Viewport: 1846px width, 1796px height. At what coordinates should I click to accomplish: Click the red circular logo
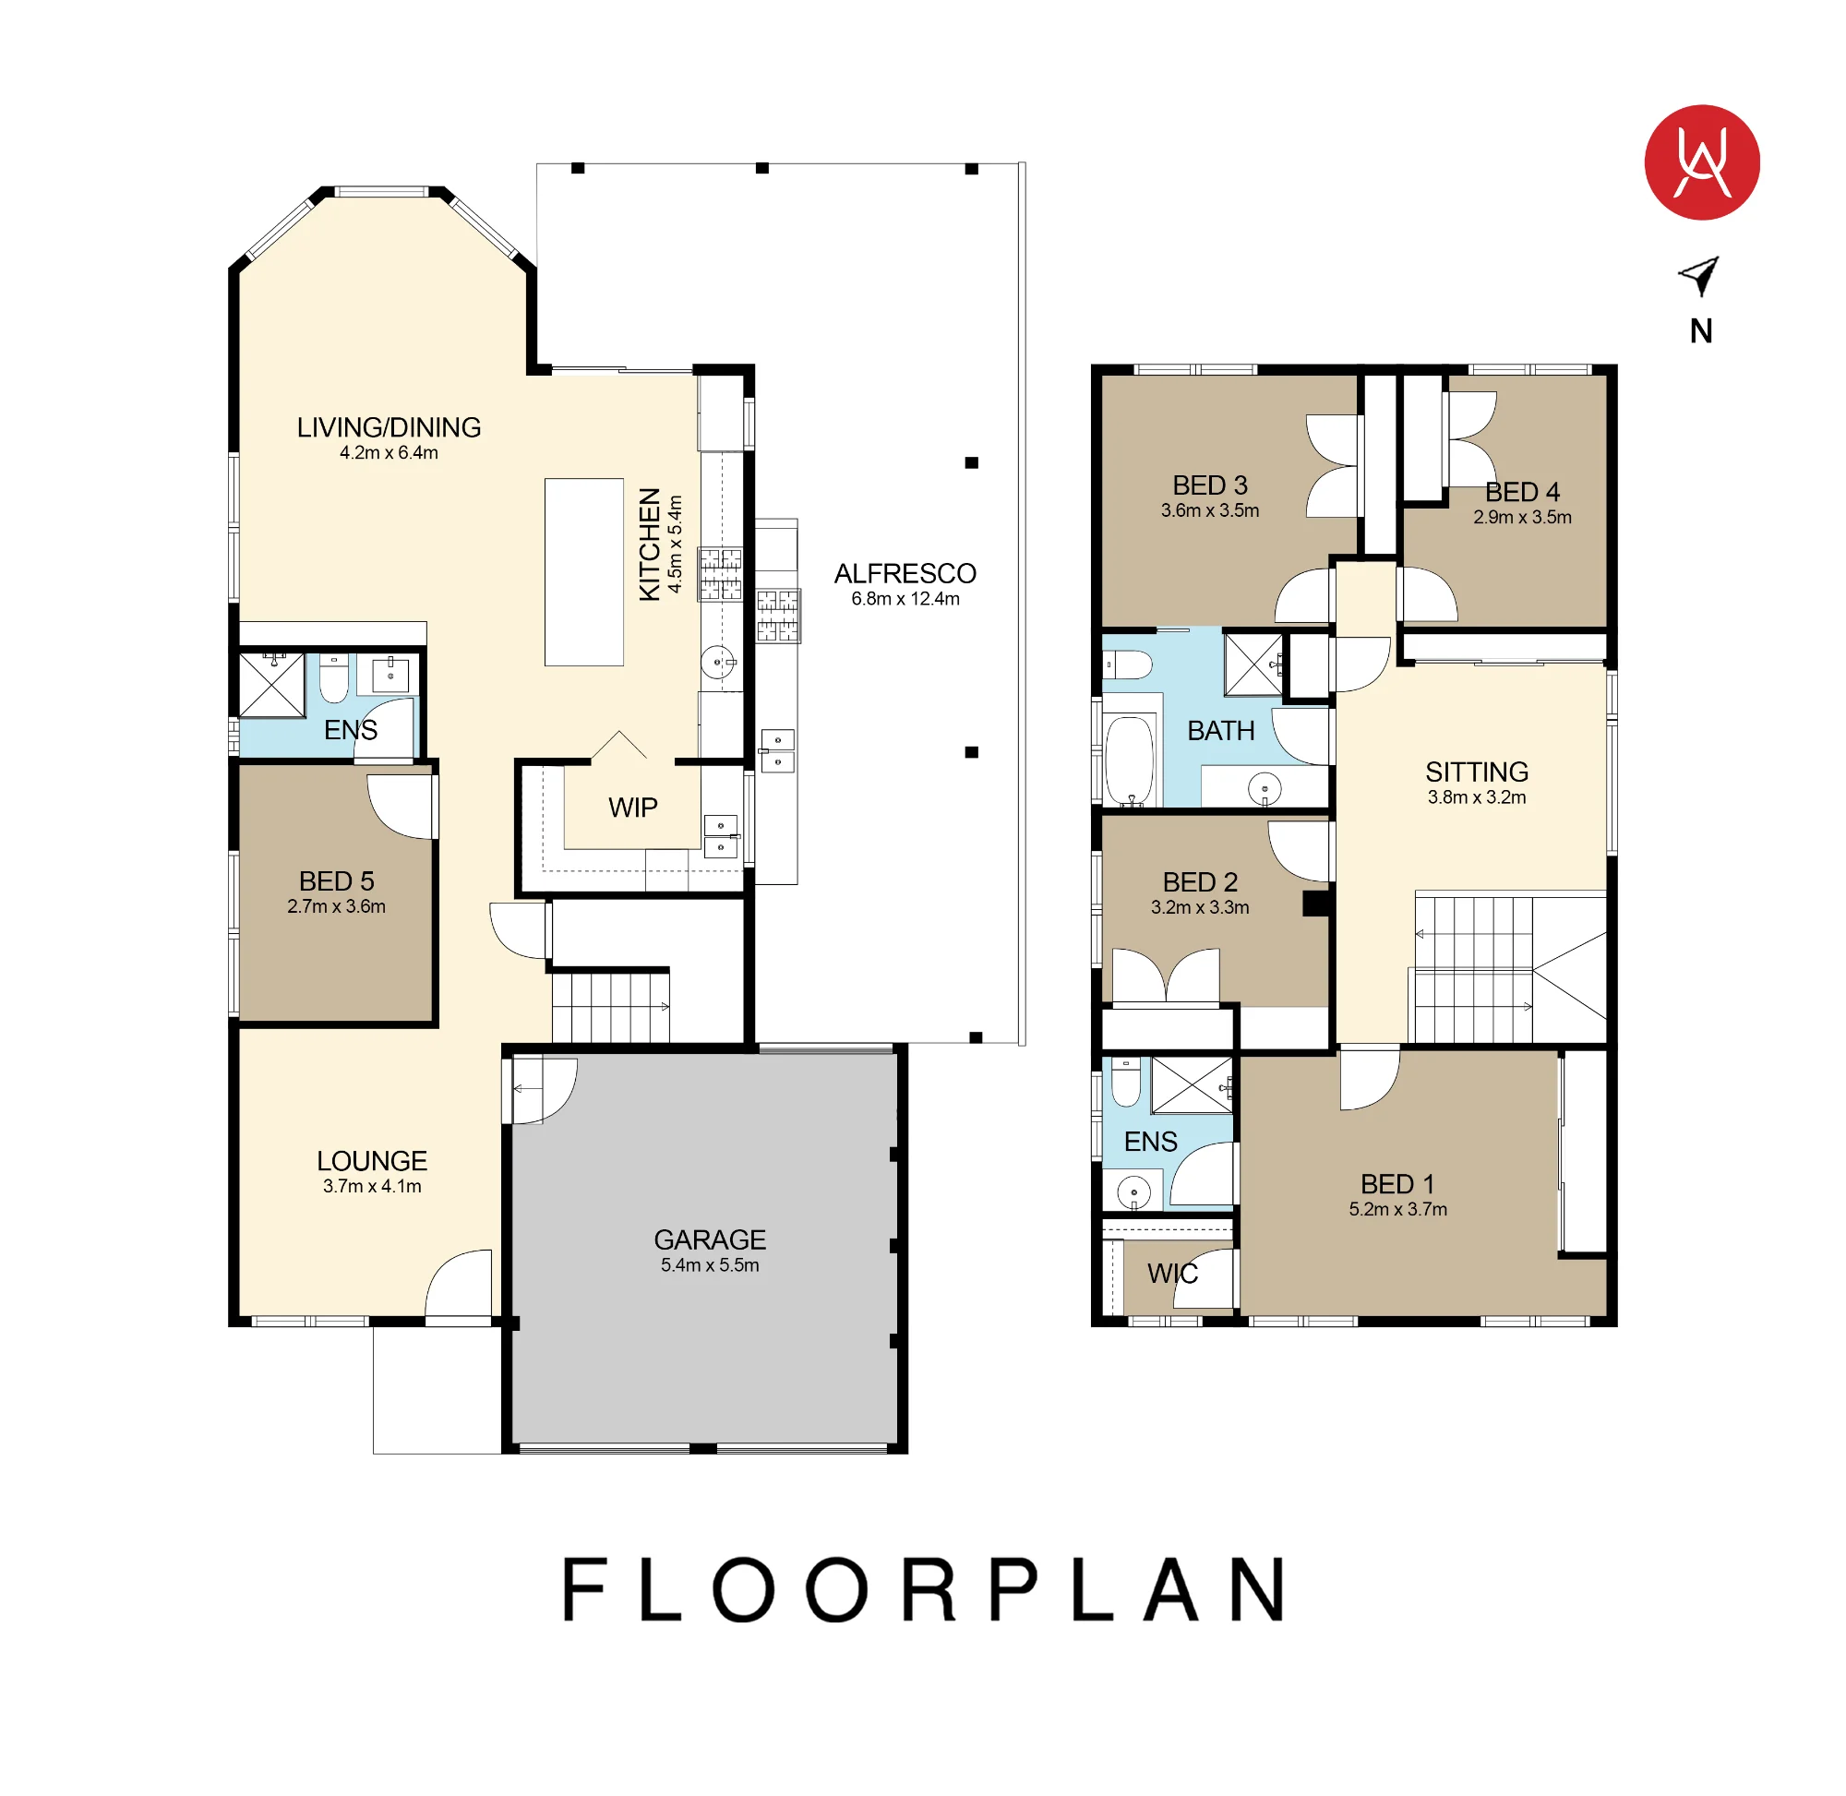[1701, 162]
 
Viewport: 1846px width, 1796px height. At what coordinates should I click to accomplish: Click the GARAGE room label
[710, 1239]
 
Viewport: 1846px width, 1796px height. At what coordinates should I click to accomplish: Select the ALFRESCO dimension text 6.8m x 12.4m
[905, 599]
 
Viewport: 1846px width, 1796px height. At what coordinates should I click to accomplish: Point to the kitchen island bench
[583, 571]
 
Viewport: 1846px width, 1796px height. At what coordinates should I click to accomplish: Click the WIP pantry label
[632, 808]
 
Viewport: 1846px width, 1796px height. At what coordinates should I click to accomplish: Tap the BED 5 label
[336, 881]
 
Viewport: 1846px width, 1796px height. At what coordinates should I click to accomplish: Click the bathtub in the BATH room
[1129, 760]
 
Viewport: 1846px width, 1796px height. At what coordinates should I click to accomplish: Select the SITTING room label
[1475, 772]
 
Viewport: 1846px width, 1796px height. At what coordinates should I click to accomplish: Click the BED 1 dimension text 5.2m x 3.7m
[1397, 1209]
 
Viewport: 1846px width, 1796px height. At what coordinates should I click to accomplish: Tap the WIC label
[1171, 1274]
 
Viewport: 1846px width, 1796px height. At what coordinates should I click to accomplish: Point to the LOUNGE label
[372, 1160]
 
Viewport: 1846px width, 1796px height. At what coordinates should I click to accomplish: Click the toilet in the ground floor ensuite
[333, 678]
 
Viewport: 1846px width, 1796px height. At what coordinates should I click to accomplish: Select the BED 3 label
[1209, 485]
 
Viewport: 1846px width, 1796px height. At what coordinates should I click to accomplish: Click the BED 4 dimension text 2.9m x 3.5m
[1521, 517]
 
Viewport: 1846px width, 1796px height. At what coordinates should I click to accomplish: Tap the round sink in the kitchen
[717, 662]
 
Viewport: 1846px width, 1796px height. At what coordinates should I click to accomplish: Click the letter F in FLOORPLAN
[583, 1589]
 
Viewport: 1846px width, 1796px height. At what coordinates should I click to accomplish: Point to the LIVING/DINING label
[389, 427]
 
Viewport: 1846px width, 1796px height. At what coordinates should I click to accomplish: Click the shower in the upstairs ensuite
[1192, 1084]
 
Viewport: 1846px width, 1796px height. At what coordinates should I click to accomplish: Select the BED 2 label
[1199, 882]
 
